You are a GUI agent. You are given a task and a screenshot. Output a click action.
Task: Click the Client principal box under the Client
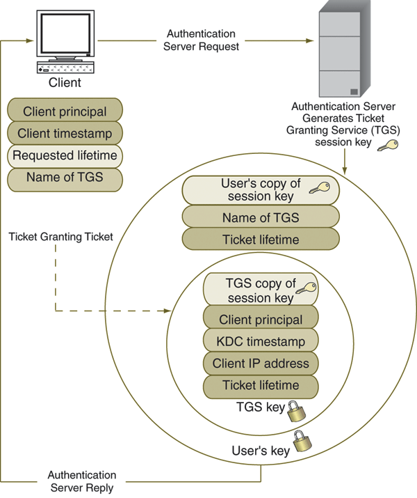click(x=65, y=111)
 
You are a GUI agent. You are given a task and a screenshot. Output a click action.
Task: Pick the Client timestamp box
click(x=65, y=133)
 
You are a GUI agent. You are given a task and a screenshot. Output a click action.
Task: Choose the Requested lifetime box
click(x=65, y=155)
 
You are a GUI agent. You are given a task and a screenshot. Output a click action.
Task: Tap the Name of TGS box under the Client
click(x=65, y=178)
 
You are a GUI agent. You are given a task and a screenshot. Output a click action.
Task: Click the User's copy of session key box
click(x=261, y=190)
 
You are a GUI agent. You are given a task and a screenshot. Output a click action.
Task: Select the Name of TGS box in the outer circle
click(x=261, y=217)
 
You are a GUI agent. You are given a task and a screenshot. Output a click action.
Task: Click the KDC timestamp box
click(x=261, y=341)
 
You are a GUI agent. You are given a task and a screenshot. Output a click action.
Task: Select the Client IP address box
click(x=261, y=363)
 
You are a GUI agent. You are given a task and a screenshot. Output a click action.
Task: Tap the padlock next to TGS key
click(x=295, y=408)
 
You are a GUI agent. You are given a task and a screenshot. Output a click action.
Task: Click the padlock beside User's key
click(x=300, y=443)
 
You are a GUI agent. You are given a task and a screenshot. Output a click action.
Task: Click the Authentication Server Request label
click(x=202, y=40)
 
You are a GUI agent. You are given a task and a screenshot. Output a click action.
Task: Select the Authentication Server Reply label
click(x=82, y=481)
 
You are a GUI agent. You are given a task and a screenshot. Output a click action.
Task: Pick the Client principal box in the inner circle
click(x=261, y=320)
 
